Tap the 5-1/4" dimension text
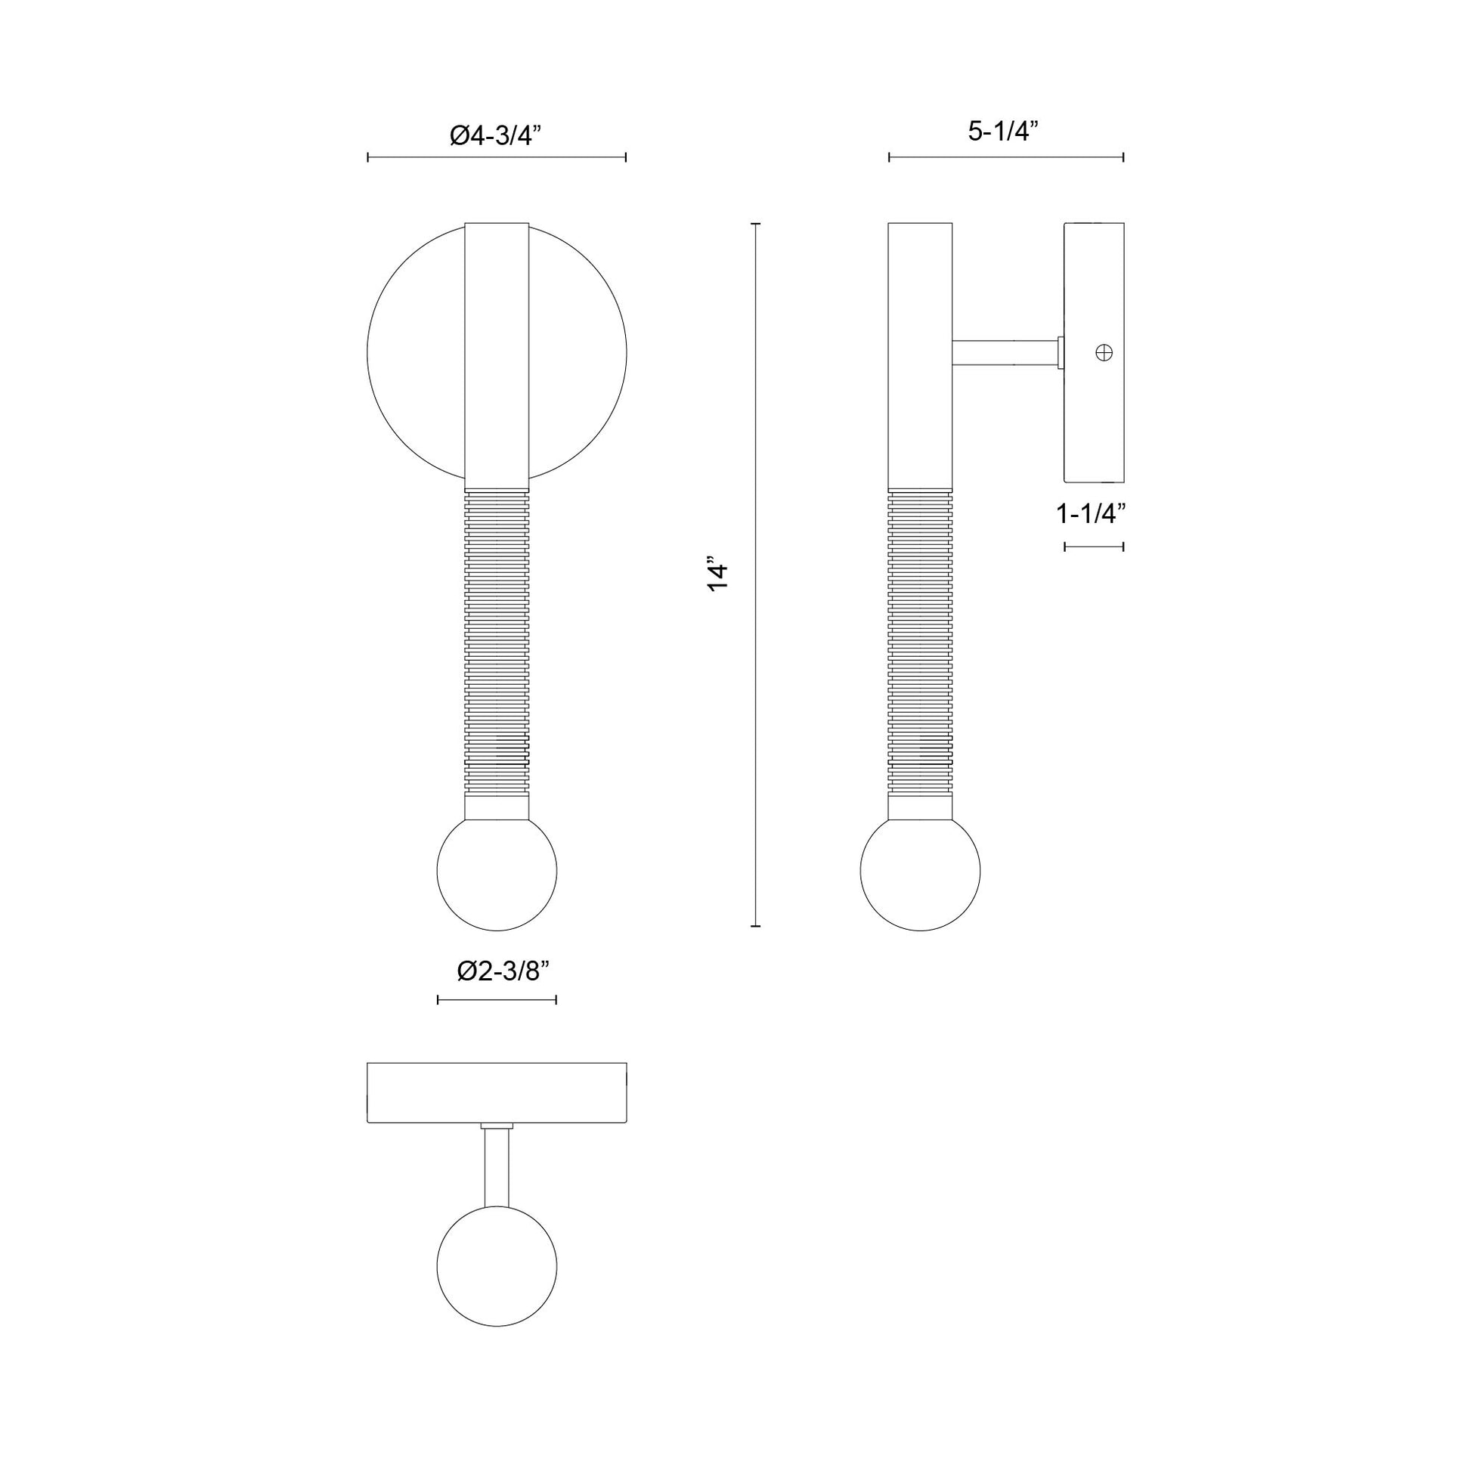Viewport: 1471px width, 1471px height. (x=1004, y=132)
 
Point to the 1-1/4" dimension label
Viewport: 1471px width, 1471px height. (x=1091, y=514)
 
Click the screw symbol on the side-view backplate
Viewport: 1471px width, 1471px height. (x=1104, y=352)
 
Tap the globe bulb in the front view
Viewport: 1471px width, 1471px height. (x=497, y=870)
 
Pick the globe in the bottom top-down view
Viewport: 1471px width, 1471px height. (x=497, y=1265)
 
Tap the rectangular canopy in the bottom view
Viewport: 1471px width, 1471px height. (x=497, y=1093)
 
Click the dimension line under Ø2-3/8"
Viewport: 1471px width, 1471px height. (x=497, y=1000)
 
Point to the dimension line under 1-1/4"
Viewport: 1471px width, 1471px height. (x=1093, y=546)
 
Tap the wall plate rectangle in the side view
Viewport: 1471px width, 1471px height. (x=1093, y=426)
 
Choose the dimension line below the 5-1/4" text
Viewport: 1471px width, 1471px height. (x=1005, y=157)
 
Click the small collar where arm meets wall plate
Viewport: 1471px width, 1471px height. (x=1060, y=353)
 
